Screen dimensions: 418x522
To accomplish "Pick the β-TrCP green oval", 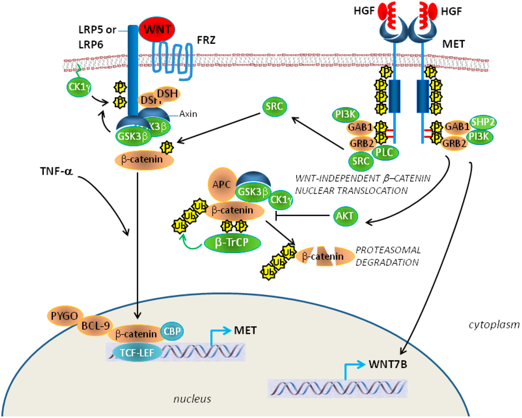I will pos(232,243).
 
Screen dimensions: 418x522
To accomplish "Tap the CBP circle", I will pos(173,331).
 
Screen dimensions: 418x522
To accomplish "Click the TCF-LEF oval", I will pos(135,352).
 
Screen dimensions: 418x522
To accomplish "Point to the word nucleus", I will pos(191,399).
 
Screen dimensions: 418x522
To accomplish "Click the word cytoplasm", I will pos(493,324).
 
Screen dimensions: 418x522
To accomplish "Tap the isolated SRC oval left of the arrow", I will pos(274,107).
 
